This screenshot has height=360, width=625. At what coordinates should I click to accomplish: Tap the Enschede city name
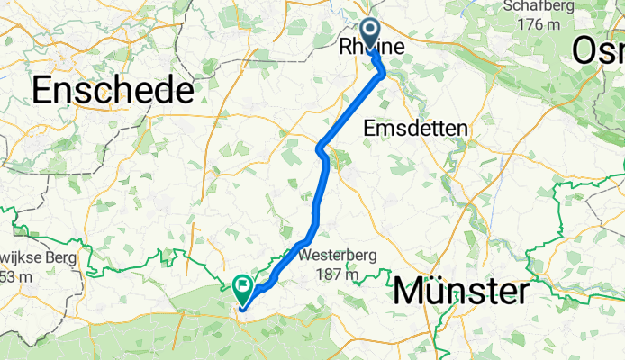pyautogui.click(x=113, y=90)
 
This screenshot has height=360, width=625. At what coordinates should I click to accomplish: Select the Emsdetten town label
pyautogui.click(x=415, y=130)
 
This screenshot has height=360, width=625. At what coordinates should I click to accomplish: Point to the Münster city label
pyautogui.click(x=460, y=292)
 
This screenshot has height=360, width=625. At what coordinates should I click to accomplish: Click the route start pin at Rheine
pyautogui.click(x=372, y=32)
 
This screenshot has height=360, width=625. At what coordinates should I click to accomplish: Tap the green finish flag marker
pyautogui.click(x=242, y=288)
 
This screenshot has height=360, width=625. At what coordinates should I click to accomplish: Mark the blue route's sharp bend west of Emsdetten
pyautogui.click(x=321, y=147)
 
